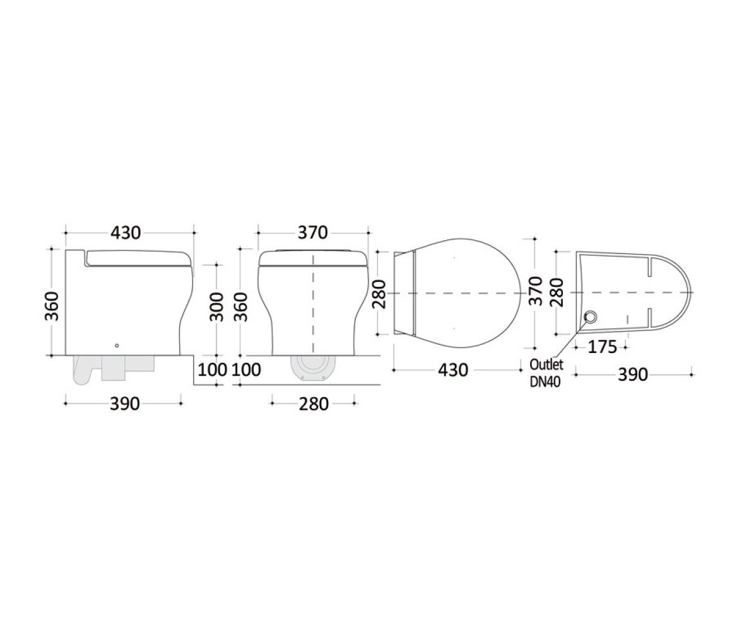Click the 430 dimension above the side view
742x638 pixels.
(126, 232)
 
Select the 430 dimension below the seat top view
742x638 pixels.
(453, 370)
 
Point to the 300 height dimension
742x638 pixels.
(217, 306)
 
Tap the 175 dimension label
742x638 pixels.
(603, 347)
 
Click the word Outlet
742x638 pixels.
(546, 364)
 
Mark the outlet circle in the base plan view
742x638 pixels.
(591, 316)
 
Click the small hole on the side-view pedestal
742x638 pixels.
(117, 345)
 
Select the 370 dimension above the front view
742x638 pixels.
(312, 232)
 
